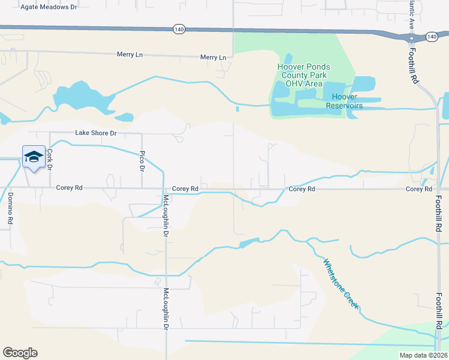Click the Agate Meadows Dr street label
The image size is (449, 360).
(x=49, y=7)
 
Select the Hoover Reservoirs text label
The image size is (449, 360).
(x=344, y=101)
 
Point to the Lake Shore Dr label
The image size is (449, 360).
(x=95, y=133)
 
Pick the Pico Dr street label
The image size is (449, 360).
(x=142, y=161)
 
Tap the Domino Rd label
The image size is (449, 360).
(x=10, y=208)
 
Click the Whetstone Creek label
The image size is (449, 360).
(x=341, y=284)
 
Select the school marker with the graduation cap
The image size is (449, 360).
(x=34, y=157)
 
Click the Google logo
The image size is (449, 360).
(x=20, y=353)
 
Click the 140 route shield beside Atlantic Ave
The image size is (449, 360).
(x=432, y=37)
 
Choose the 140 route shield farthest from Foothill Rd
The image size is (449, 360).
(x=178, y=28)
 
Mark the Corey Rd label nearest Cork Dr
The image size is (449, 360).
(x=69, y=188)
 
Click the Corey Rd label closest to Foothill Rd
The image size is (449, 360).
(x=418, y=189)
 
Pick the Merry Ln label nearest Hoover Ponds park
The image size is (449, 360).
(x=213, y=58)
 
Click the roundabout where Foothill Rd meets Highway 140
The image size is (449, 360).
(x=411, y=38)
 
